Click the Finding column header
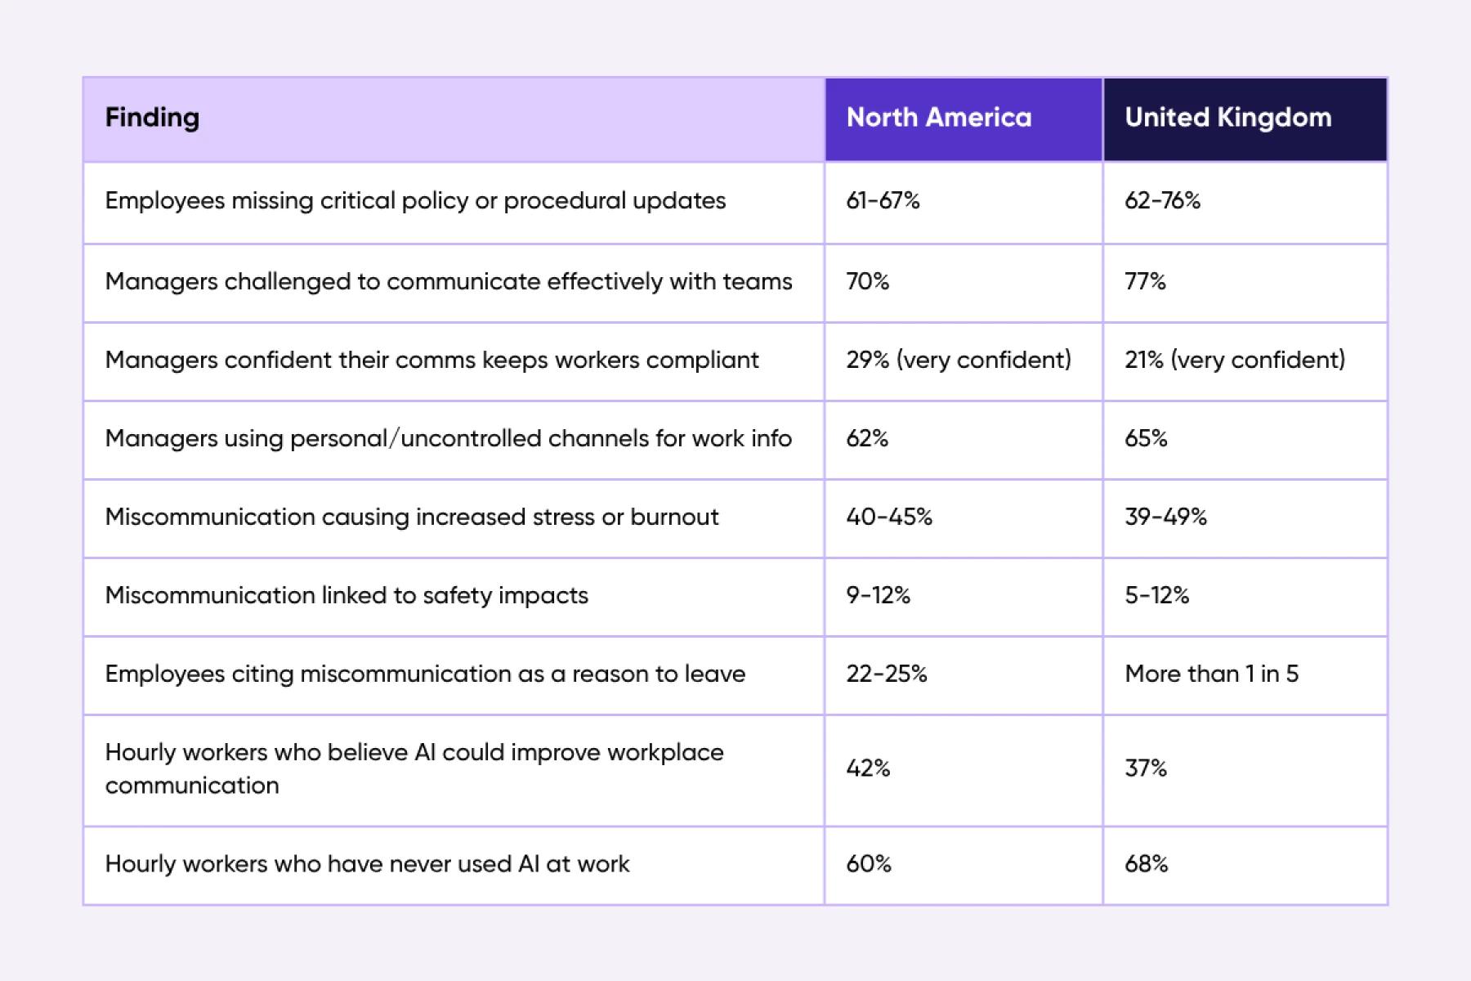(x=152, y=118)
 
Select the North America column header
(x=938, y=118)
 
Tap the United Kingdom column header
(x=1227, y=118)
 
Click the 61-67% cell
(x=883, y=201)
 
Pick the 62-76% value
(x=1162, y=201)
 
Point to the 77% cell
(x=1145, y=281)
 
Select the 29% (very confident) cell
(x=958, y=360)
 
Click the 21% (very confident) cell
(x=1234, y=360)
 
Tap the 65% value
(x=1146, y=438)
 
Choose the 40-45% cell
(x=889, y=517)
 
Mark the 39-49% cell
(x=1165, y=517)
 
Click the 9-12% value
(x=878, y=595)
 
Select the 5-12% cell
(x=1156, y=595)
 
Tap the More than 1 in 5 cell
(x=1211, y=674)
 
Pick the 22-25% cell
(x=887, y=674)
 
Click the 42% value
(x=868, y=768)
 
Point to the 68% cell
(x=1146, y=864)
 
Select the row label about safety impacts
(x=347, y=595)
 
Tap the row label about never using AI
(x=367, y=864)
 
